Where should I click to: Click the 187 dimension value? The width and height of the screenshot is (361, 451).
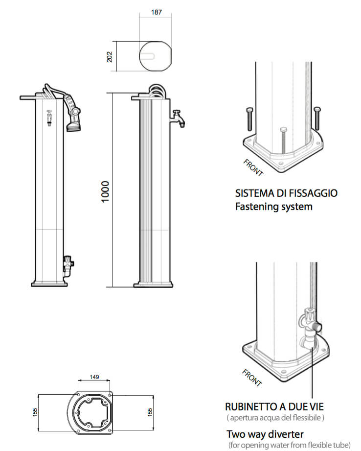coord(156,12)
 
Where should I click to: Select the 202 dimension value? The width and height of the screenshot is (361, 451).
coord(110,57)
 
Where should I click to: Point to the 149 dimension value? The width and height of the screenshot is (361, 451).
coord(94,377)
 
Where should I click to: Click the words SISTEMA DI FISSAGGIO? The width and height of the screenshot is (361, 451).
coord(286,193)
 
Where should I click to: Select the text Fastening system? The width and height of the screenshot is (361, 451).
coord(273,206)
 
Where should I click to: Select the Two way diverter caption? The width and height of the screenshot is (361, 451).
coord(265,434)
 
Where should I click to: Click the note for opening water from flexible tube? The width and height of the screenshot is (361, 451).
coord(289,445)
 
